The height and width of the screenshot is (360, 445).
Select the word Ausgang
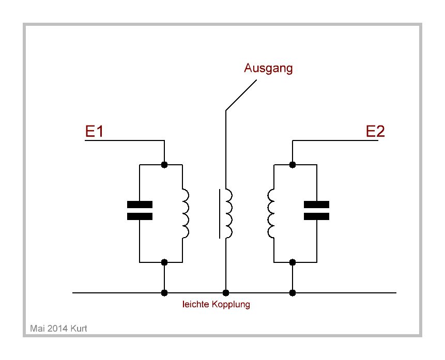tap(268, 68)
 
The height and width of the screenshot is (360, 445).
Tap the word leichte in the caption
tap(194, 305)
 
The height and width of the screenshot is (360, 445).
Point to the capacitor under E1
tap(140, 210)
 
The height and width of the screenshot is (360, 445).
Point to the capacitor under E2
tap(316, 210)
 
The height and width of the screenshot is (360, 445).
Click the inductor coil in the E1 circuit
tap(185, 214)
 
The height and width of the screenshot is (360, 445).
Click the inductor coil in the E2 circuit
tap(271, 214)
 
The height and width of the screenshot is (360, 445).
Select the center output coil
tap(228, 214)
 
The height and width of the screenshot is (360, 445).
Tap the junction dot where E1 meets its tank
tap(164, 165)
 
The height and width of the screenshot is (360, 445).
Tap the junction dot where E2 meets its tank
tap(293, 165)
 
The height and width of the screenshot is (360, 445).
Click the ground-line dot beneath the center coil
tap(225, 293)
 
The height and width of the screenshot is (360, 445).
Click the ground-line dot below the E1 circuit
tap(164, 293)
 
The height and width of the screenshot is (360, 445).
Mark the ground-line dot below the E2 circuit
tap(293, 293)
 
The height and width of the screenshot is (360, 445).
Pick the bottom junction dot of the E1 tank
tap(164, 262)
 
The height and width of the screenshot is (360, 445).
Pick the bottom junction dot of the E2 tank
tap(293, 262)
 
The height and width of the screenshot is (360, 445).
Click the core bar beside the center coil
tap(219, 214)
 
